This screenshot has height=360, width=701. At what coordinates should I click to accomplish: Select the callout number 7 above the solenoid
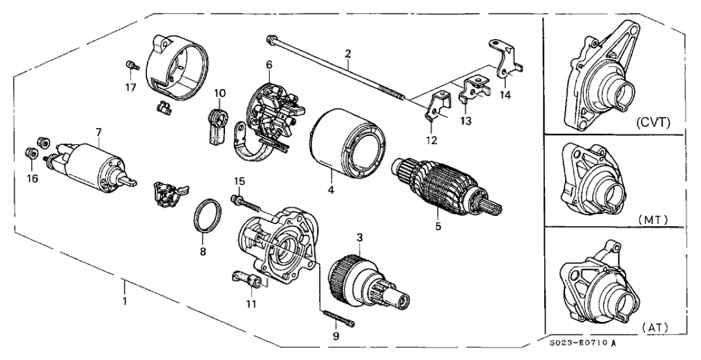tap(98, 132)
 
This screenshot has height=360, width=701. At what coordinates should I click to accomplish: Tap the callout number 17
tap(131, 86)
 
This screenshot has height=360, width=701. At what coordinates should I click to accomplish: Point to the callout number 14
tap(505, 95)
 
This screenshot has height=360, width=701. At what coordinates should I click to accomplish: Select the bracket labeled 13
tap(470, 90)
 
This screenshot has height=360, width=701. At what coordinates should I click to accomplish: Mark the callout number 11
tap(251, 303)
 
